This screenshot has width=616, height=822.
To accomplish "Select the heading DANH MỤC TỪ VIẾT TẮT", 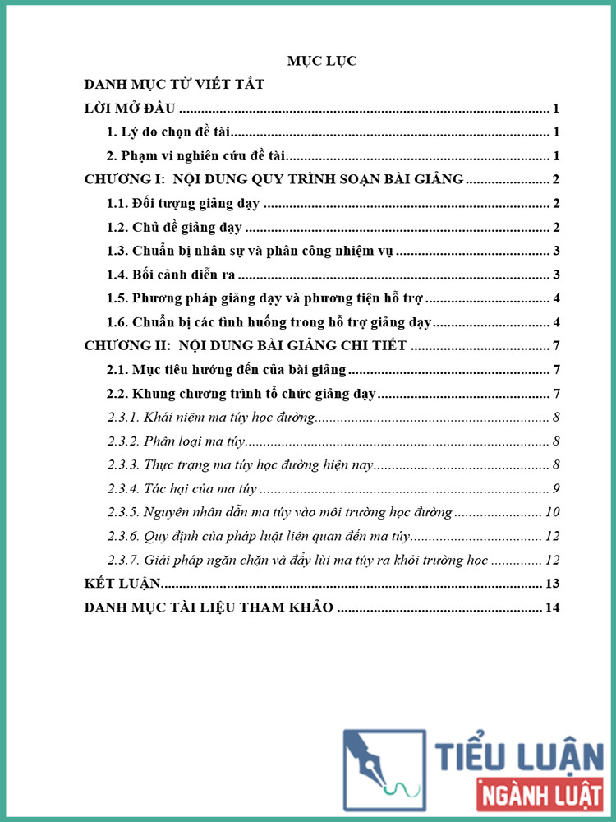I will tap(173, 85).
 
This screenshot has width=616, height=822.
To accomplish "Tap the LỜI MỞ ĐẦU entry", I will tap(131, 109).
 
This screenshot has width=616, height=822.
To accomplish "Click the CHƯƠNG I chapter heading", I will tap(274, 180).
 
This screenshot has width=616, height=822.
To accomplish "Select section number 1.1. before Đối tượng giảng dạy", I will tap(122, 204).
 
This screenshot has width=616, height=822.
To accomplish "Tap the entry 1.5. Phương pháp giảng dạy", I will tap(264, 298).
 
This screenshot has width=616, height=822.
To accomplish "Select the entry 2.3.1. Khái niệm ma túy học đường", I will tap(211, 418).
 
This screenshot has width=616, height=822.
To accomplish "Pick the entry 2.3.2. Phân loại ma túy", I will tap(177, 441).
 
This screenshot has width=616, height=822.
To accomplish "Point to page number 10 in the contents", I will tap(552, 513).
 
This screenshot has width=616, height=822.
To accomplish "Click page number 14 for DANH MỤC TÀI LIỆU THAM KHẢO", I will tap(552, 608).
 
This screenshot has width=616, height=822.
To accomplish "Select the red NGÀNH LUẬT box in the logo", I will tap(539, 796).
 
